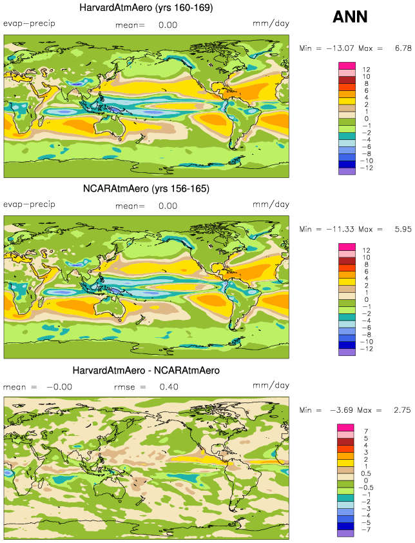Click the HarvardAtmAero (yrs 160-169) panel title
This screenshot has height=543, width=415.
tap(146, 8)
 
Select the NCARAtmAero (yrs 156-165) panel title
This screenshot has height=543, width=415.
tap(146, 189)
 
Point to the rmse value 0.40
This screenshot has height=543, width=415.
tap(168, 387)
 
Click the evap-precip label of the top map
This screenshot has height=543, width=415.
tap(29, 23)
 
